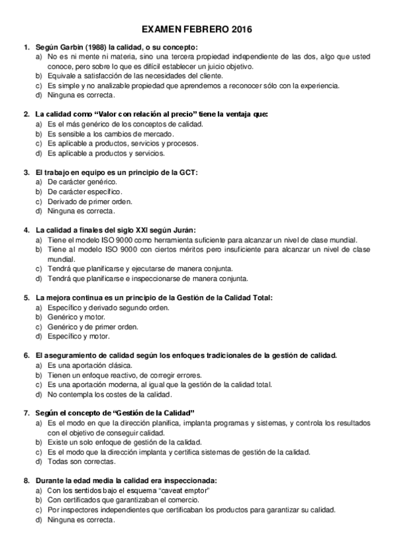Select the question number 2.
[26, 114]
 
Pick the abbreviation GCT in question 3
[187, 172]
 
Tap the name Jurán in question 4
[184, 230]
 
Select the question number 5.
[26, 297]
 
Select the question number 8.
[26, 480]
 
